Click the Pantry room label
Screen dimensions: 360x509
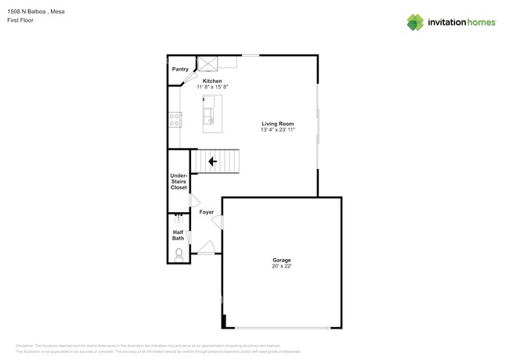click(180, 69)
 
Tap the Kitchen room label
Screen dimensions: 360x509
click(211, 81)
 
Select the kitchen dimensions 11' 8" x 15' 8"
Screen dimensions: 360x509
click(211, 88)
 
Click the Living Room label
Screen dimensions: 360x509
click(277, 124)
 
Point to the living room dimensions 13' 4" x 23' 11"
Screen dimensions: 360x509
click(277, 130)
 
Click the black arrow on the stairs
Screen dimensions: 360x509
click(212, 161)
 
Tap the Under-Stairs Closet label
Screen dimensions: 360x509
click(179, 182)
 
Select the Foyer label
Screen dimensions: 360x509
click(206, 212)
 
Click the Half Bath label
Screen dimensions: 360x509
click(179, 235)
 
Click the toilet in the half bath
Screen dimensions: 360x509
click(179, 254)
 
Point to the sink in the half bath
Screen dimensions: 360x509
click(179, 219)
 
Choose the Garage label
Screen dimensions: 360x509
click(281, 260)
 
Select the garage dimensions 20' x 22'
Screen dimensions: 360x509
click(281, 266)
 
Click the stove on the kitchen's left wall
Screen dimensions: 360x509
click(175, 119)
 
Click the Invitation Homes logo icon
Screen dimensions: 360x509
click(415, 22)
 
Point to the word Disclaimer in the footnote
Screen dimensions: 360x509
click(25, 345)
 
